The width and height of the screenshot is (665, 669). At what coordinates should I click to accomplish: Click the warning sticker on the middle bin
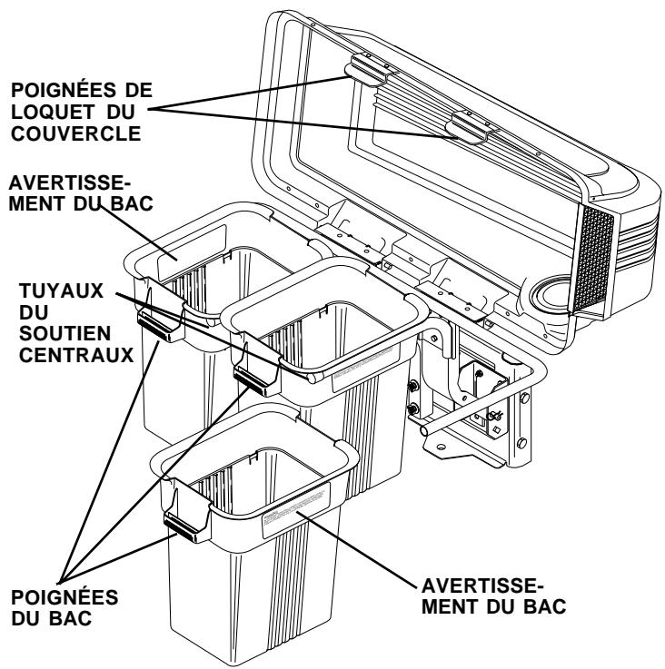(368, 374)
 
